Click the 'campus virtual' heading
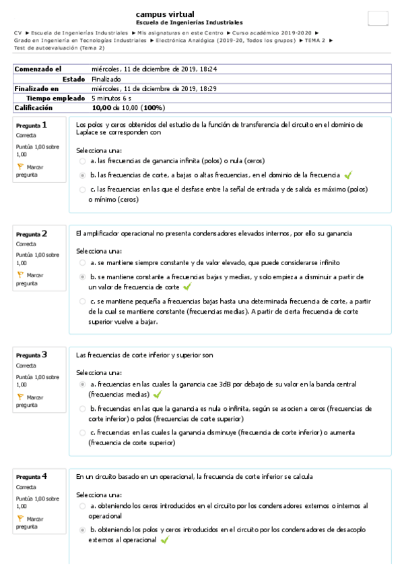pos(165,14)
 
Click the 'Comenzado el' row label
pos(38,69)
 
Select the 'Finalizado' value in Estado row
pos(106,79)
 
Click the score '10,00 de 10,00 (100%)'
pos(129,107)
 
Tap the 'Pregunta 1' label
pos(32,125)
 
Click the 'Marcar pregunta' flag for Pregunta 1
pos(20,166)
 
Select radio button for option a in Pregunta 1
pos(82,161)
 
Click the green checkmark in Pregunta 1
pos(348,175)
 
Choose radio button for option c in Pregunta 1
pos(82,190)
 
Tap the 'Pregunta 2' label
pos(32,234)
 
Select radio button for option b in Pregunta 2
pos(82,277)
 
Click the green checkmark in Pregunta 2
pos(187,287)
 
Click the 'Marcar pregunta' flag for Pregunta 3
pos(20,397)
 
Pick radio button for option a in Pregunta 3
pos(82,384)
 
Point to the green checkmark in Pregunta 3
pos(157,394)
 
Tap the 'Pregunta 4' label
pos(32,476)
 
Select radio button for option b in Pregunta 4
pos(82,530)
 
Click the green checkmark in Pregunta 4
pos(164,540)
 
